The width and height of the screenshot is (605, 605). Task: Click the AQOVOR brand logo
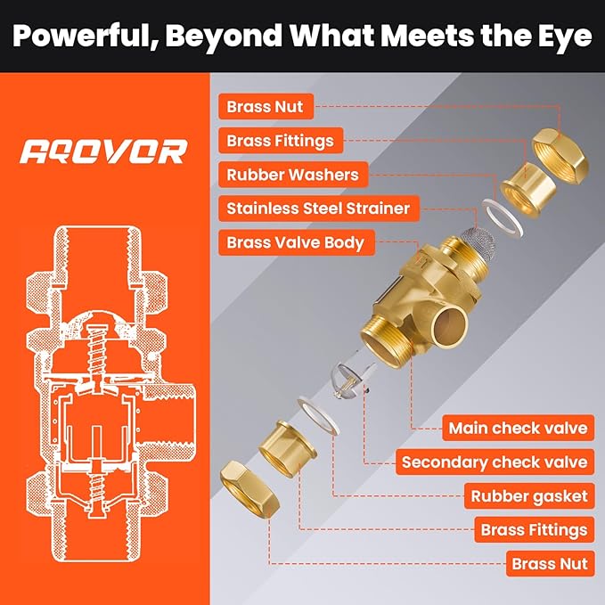point(103,151)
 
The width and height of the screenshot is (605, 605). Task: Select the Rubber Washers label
point(293,175)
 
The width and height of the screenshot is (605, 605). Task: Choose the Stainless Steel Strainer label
point(319,208)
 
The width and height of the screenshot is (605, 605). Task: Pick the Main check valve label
point(518,428)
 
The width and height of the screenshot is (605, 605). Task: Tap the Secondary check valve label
point(495,462)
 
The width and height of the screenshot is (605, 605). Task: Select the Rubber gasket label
point(529,495)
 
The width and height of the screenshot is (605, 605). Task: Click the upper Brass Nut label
point(266,107)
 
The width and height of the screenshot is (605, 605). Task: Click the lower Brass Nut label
point(551,564)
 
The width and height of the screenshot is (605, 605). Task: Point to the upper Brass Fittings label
point(281,141)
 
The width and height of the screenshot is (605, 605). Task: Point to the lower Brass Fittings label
point(535,530)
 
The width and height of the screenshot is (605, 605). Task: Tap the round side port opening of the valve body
point(451,326)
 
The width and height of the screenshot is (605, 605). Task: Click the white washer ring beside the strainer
point(503,218)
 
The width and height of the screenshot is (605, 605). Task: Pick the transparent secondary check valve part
point(350,380)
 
